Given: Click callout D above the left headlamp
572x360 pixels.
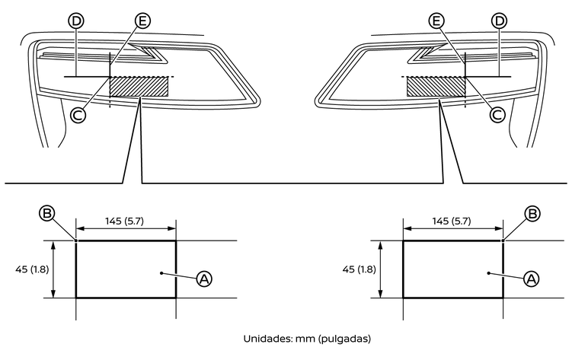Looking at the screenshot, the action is (76, 21).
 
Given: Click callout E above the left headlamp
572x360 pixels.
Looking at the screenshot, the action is (142, 21).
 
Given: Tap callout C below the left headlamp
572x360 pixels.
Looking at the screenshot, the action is (78, 115).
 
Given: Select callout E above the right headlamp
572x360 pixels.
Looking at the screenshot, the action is (436, 21).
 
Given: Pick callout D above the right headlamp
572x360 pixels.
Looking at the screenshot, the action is (499, 21).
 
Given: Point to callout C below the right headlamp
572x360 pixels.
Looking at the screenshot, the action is (497, 115).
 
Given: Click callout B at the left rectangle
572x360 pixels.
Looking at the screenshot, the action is (47, 213).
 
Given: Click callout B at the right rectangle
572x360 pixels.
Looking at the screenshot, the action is (532, 213).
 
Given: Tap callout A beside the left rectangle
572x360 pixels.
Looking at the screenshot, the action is (204, 279).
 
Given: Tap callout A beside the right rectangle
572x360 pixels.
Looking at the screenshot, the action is (531, 279).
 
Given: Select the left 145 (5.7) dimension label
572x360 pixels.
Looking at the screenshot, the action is (125, 221).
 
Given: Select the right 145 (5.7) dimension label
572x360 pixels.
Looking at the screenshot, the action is (452, 221).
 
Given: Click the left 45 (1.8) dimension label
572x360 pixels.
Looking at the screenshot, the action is (32, 269).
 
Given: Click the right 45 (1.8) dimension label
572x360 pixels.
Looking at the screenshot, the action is (359, 269).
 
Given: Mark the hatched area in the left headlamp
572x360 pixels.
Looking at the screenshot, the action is (139, 86).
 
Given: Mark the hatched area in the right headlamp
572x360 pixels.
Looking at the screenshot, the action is (436, 86).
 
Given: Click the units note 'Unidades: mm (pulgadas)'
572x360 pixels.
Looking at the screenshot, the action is (307, 339).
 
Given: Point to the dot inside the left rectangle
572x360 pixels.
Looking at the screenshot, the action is (161, 273).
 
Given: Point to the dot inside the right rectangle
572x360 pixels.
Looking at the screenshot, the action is (488, 273).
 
